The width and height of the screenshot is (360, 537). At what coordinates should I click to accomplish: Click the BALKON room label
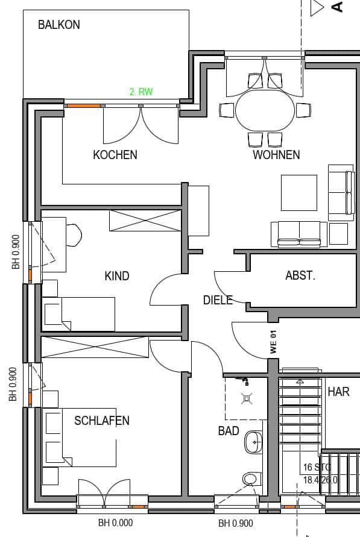coord(58,25)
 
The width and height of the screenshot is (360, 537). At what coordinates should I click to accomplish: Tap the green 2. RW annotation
coord(141,92)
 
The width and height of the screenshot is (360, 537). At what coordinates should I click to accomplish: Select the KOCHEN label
coord(115,155)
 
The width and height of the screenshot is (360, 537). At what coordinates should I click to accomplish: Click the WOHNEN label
coord(276,155)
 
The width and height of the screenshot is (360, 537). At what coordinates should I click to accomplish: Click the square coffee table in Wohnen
coord(298,192)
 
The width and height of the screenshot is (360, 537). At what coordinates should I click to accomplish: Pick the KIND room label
coord(117,276)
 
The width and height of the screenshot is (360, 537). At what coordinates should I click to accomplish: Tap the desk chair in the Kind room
coord(74,235)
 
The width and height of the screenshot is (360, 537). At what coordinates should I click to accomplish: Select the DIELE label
coord(218,300)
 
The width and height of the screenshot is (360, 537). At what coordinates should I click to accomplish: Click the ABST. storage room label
coord(300,276)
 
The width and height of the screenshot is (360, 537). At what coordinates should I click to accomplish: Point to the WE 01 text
coord(273,342)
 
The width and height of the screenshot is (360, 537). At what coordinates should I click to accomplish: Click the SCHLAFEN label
coord(102,421)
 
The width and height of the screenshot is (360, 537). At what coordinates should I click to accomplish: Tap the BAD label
coord(229,431)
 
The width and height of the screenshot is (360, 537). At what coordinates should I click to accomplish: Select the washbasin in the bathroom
coord(254,444)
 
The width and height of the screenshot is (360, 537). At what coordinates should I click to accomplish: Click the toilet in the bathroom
coord(251,479)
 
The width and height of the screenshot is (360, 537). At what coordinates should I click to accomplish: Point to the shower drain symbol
coord(247,397)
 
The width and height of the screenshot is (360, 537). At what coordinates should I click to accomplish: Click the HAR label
coord(338,392)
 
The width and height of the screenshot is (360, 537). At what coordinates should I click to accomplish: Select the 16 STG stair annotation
coord(315,468)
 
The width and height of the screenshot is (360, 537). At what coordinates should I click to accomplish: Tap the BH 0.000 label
coord(115,523)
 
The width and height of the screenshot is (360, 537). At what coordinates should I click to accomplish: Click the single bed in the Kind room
coord(78,313)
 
